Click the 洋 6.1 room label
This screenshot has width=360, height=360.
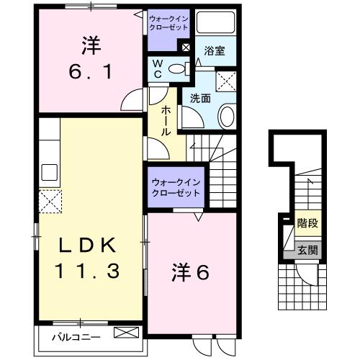click(x=89, y=58)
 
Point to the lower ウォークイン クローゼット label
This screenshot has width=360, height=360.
click(x=176, y=189)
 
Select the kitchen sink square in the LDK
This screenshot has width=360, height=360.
click(x=49, y=173)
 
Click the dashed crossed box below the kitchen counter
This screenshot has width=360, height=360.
click(x=50, y=199)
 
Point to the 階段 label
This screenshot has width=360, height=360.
click(x=308, y=224)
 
